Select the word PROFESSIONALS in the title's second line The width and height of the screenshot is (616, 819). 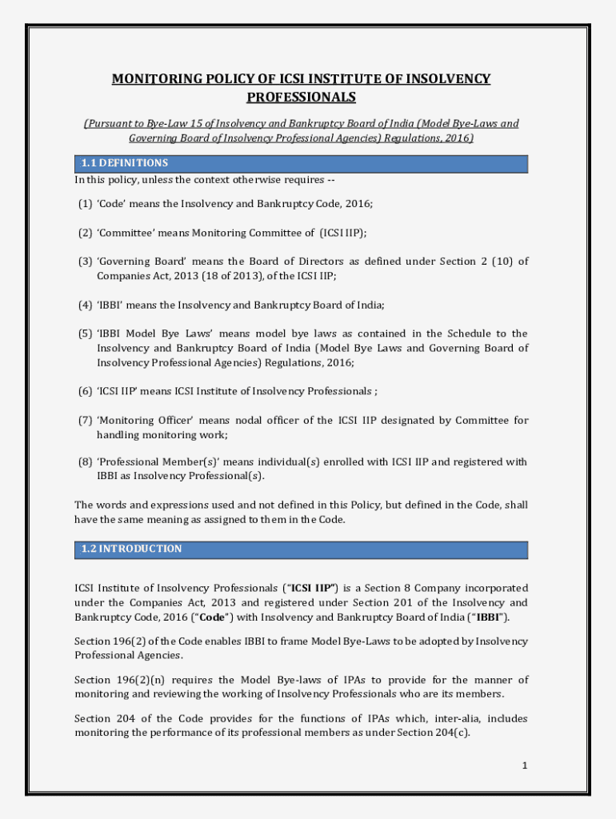tap(301, 98)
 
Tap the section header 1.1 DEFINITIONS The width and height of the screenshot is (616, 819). tap(124, 163)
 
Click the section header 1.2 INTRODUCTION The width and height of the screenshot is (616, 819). tap(131, 549)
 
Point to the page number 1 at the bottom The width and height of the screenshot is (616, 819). tap(525, 765)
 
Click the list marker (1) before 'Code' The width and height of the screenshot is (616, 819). tap(85, 204)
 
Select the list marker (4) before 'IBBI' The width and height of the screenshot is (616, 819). tap(85, 305)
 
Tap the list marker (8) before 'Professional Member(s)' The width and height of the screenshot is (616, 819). tap(85, 461)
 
